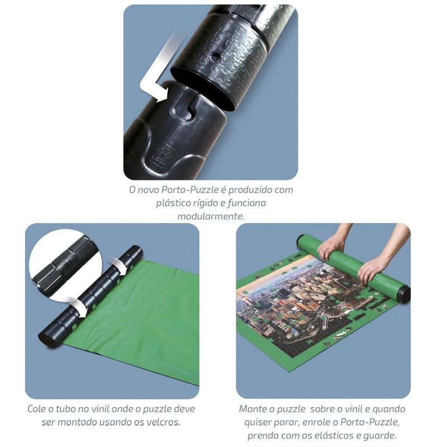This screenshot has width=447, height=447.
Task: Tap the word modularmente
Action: click(x=211, y=216)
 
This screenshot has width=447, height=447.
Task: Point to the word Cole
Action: click(x=37, y=409)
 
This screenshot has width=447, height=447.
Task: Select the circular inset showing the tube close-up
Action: click(x=64, y=264)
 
